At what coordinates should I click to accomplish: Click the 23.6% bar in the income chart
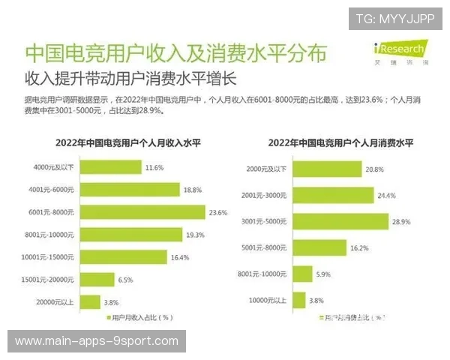click(x=142, y=212)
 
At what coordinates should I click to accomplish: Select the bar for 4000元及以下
click(x=111, y=167)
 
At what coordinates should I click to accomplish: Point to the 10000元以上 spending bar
click(x=298, y=300)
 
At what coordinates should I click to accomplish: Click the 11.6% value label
click(x=154, y=167)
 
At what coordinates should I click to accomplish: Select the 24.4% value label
click(x=387, y=195)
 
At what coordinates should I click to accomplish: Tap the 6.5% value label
click(x=126, y=280)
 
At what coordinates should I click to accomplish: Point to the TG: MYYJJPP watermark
click(x=395, y=19)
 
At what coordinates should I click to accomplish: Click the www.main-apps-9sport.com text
click(x=97, y=341)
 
